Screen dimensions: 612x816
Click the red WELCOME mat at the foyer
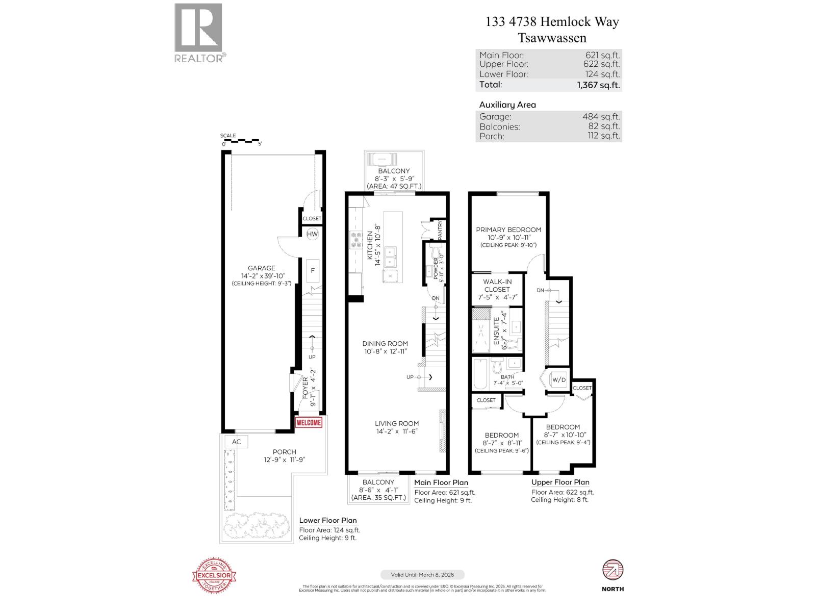pos(309,422)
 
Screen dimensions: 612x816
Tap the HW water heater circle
pos(312,234)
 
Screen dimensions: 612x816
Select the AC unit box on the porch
pos(236,442)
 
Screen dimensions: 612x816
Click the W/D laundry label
pos(559,379)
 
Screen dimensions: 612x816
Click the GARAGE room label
pos(262,268)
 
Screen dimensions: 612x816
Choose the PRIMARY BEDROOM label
pos(508,229)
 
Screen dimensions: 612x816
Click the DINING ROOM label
pos(385,343)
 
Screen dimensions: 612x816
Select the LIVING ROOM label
pos(397,423)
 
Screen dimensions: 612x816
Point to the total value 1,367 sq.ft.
pos(598,85)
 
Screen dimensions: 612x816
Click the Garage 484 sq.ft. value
pos(601,117)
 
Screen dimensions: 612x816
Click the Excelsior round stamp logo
pos(215,575)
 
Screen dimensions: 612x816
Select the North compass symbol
pos(613,570)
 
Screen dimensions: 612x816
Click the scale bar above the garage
pos(241,140)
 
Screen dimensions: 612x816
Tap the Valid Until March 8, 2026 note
pos(422,574)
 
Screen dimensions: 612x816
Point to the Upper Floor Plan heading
pos(560,482)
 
